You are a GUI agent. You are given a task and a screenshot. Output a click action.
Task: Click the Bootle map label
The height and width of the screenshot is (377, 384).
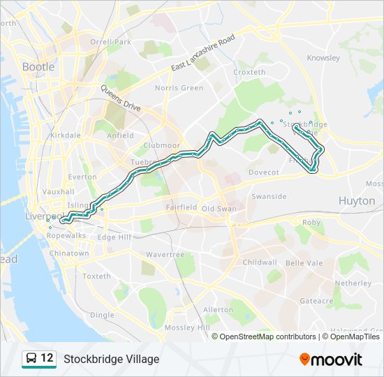click(x=38, y=67)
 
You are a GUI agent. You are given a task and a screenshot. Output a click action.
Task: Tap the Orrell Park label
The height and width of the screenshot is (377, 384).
click(x=110, y=42)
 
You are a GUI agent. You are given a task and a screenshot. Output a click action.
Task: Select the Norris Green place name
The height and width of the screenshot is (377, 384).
click(x=179, y=88)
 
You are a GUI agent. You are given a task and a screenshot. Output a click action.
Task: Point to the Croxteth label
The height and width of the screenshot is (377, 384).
click(x=249, y=72)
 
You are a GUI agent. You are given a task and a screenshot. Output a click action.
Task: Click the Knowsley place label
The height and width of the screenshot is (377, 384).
click(x=323, y=58)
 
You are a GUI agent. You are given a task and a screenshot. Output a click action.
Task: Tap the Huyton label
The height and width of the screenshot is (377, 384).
click(x=356, y=200)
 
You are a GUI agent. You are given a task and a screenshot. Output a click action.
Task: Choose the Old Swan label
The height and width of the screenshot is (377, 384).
click(x=219, y=209)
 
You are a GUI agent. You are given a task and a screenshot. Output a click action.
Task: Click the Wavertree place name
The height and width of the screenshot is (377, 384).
click(x=165, y=255)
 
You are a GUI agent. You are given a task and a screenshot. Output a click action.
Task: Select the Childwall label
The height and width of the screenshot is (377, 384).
click(x=260, y=263)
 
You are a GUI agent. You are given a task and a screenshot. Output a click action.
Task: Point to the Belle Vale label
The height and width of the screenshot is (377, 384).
click(x=304, y=263)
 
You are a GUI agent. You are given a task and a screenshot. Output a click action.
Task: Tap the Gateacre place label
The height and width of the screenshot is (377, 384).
click(x=316, y=300)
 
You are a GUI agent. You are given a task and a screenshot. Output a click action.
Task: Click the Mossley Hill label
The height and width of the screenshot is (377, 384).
click(x=187, y=327)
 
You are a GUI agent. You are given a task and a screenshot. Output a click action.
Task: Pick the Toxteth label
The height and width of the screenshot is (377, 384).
click(x=96, y=276)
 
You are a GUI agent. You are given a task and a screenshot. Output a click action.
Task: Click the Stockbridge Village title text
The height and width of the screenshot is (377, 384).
click(x=111, y=360)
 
